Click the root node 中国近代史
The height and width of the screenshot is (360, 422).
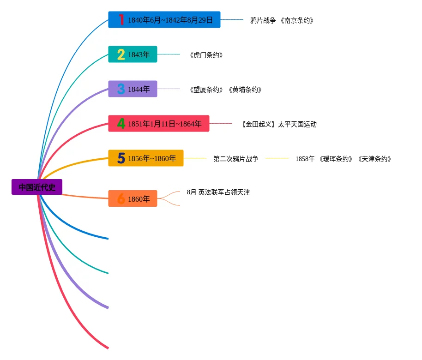(37, 187)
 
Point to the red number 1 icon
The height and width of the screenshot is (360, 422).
(121, 19)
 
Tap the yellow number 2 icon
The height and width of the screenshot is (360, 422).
(121, 54)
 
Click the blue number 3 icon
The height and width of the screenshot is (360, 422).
(121, 89)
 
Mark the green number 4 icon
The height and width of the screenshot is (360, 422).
(121, 124)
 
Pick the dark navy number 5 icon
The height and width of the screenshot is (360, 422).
(121, 158)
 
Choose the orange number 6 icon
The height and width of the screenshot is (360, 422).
(121, 199)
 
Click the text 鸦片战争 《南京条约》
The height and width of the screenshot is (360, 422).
(282, 20)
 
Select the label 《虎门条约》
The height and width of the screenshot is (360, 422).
(206, 55)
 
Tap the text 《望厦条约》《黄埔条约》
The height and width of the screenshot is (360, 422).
(225, 90)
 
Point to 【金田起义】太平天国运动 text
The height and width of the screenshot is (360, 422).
(279, 124)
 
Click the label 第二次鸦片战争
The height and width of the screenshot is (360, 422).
(235, 159)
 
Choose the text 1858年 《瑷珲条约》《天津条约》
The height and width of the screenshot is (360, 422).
(343, 159)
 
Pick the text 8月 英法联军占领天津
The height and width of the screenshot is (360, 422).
(218, 192)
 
